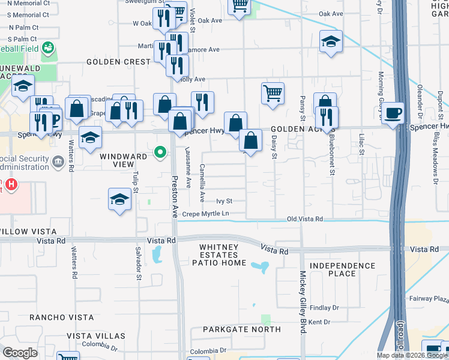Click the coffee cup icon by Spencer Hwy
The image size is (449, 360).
click(394, 113)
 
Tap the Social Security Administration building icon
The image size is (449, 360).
click(58, 161)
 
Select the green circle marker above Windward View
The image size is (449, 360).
click(160, 152)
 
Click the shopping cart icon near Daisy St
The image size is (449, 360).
click(273, 94)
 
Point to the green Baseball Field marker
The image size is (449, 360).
click(48, 47)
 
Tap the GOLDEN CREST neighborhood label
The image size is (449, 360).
click(118, 62)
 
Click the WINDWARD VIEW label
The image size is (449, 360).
click(123, 157)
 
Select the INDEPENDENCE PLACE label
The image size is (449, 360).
click(343, 269)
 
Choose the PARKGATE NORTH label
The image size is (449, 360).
click(241, 329)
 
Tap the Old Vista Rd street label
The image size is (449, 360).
click(305, 219)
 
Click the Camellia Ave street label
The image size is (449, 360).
click(202, 182)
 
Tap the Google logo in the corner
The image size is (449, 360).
click(20, 353)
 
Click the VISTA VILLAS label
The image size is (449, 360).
click(96, 336)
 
